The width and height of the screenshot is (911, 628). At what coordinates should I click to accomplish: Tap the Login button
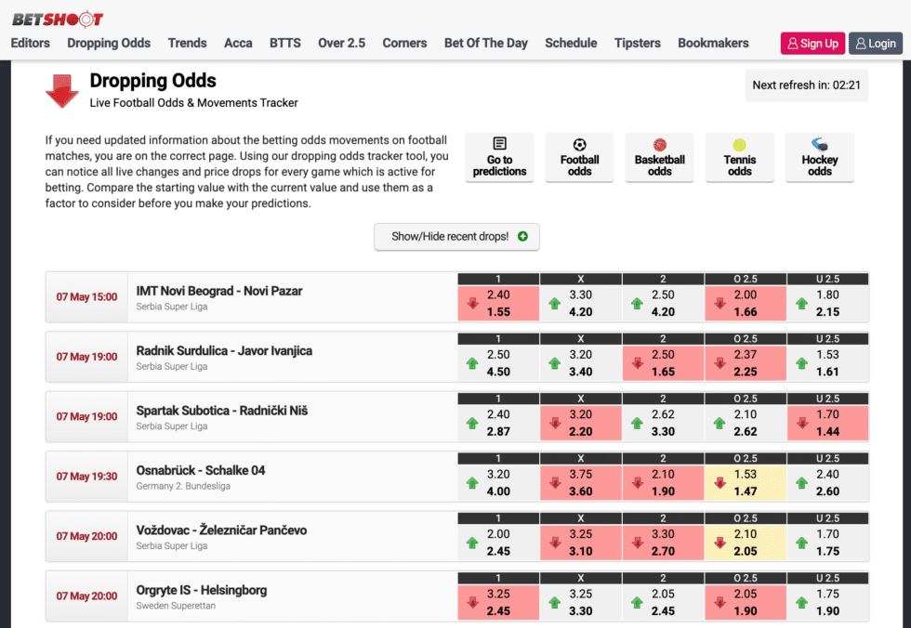click(876, 43)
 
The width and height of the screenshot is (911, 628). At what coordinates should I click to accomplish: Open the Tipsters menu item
click(637, 43)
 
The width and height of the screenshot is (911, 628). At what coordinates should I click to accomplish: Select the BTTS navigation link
click(284, 43)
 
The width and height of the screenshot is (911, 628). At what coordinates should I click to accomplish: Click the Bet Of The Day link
click(485, 43)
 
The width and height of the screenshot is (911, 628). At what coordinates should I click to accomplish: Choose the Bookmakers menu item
click(713, 43)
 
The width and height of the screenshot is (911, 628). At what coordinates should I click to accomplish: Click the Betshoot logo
click(58, 19)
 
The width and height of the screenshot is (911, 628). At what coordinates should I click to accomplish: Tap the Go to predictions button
click(499, 157)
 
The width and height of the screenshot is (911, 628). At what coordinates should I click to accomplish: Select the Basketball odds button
click(659, 157)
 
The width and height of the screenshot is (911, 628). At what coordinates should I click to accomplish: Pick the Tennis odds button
click(739, 157)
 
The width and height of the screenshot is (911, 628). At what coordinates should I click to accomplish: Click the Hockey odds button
click(819, 157)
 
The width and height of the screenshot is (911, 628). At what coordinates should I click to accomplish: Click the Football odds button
click(579, 157)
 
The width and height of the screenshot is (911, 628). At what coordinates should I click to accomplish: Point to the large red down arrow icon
click(62, 91)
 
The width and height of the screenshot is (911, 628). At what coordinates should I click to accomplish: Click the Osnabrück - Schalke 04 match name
click(200, 470)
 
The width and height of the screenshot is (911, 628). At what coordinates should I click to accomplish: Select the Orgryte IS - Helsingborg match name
click(201, 590)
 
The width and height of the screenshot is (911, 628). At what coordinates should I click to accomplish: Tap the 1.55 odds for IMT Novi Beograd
click(498, 312)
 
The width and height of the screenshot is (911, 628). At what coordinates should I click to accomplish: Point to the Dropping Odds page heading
click(152, 81)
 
